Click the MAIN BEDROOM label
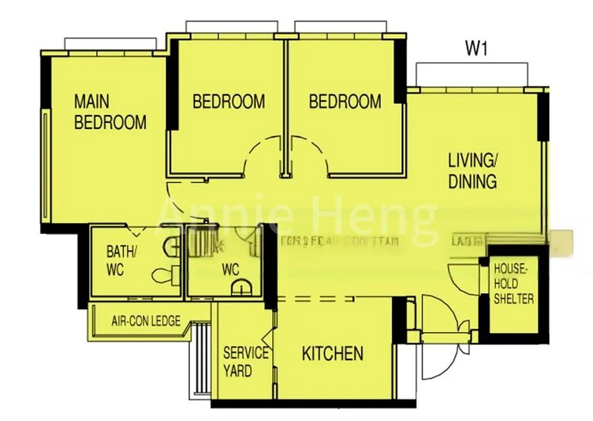110,112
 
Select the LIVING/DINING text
472,170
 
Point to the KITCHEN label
333,354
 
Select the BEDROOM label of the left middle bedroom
228,102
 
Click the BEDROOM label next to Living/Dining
345,102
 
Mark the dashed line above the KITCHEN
334,299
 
